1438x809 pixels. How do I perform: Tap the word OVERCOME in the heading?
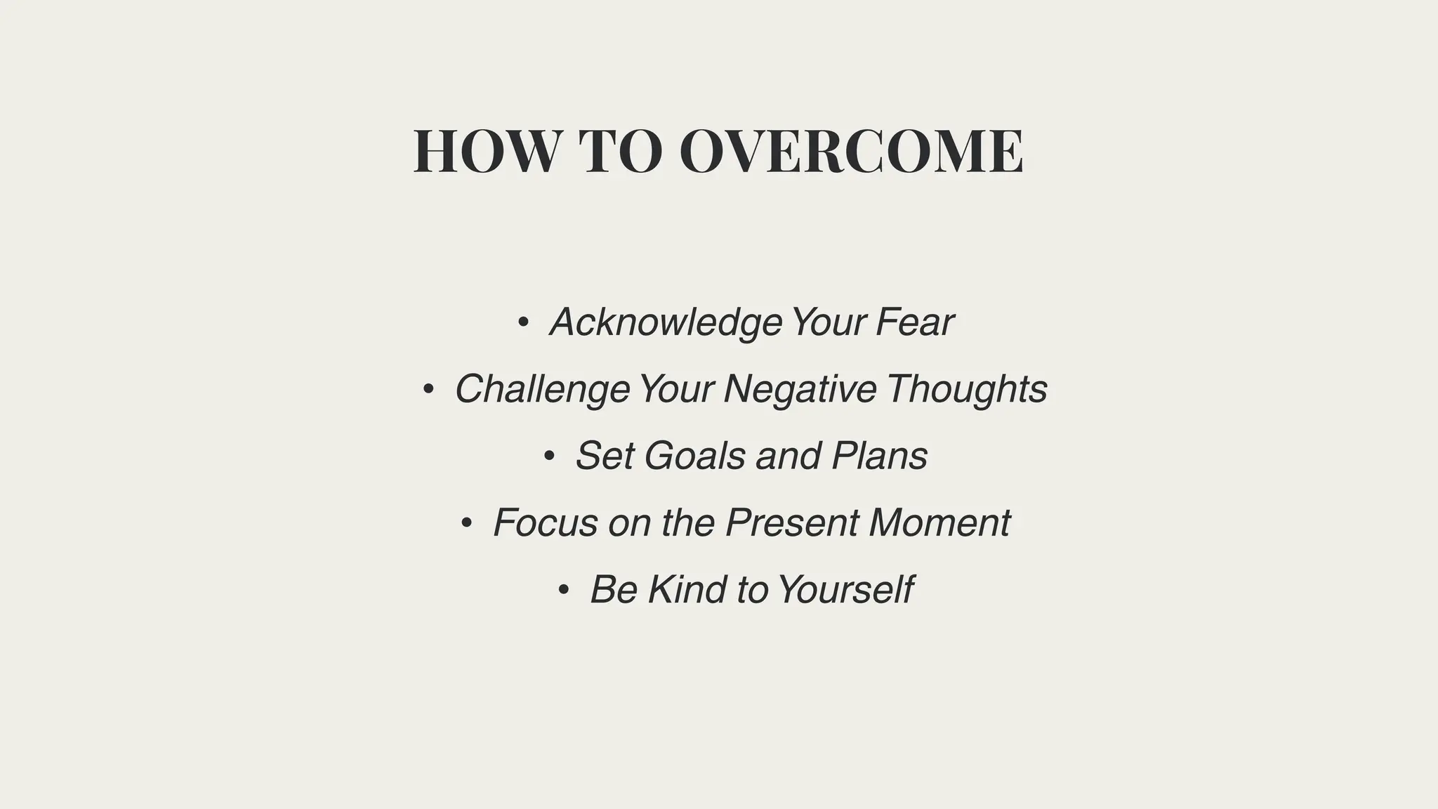click(x=851, y=152)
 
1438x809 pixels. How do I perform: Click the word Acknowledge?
click(x=666, y=323)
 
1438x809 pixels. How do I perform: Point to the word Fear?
click(x=914, y=323)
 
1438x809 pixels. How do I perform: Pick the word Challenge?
click(x=542, y=390)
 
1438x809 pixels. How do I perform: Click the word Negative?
click(x=800, y=390)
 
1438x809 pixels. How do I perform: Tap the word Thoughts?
click(x=967, y=390)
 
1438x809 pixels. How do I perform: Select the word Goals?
click(x=694, y=456)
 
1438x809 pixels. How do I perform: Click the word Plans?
click(x=880, y=456)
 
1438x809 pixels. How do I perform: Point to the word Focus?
click(x=546, y=522)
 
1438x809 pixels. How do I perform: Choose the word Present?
click(x=792, y=522)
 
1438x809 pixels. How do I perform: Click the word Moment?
click(x=939, y=522)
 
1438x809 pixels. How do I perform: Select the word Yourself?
click(x=845, y=589)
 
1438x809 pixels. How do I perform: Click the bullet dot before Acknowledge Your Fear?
click(x=522, y=323)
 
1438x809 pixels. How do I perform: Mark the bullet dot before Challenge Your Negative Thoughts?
click(x=428, y=390)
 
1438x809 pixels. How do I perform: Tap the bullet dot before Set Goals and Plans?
click(x=549, y=456)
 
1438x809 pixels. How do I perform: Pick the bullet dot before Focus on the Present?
click(x=466, y=523)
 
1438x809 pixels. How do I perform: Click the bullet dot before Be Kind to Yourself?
click(x=563, y=590)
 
